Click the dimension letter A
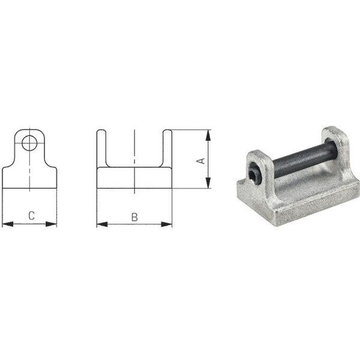point(202,161)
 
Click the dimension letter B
point(134,217)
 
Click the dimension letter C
point(31,215)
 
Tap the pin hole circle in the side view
point(29,143)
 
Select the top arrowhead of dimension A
point(208,135)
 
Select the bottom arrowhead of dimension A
point(208,183)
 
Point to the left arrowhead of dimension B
point(102,224)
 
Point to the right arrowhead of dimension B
point(166,224)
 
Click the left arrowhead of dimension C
point(8,224)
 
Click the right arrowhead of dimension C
point(51,224)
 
